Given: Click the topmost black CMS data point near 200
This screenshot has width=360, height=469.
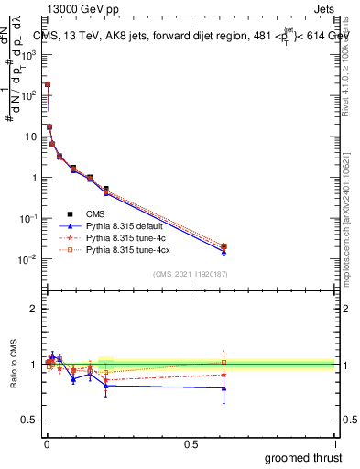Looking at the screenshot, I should coord(48,84).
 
